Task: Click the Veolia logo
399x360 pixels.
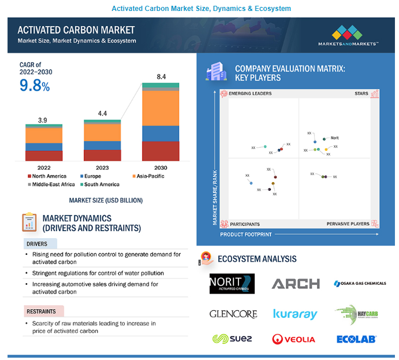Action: (x=293, y=339)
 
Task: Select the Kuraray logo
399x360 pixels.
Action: (x=295, y=314)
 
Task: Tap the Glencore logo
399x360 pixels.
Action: (x=233, y=314)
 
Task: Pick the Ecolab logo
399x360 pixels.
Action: (x=357, y=339)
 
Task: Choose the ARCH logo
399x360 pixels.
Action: (x=295, y=284)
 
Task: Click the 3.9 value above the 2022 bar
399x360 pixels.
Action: (x=43, y=120)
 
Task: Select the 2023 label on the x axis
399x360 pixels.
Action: (x=102, y=168)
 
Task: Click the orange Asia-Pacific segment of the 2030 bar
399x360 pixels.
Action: (x=161, y=108)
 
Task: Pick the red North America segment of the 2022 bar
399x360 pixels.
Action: (x=44, y=155)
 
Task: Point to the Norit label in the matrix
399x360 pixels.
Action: (x=334, y=138)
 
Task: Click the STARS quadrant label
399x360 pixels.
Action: (x=361, y=94)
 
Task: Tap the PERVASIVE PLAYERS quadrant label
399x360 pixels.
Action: (x=348, y=224)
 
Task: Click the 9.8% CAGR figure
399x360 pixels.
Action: (x=35, y=86)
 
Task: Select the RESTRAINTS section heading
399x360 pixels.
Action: (x=41, y=311)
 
